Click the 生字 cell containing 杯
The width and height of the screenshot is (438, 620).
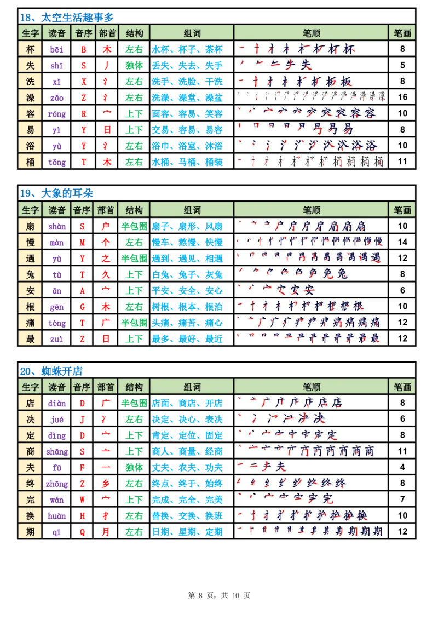point(30,49)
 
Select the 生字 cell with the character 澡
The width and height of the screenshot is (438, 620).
point(30,97)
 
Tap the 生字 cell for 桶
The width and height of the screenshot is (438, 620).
point(30,162)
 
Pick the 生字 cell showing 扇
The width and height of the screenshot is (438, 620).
point(30,226)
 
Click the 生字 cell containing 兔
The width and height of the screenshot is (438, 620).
point(30,274)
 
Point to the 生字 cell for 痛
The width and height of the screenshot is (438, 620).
point(30,322)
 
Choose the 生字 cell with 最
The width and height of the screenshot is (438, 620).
point(30,338)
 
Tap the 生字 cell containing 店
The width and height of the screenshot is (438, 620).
point(30,403)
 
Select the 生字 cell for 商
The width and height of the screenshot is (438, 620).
point(30,451)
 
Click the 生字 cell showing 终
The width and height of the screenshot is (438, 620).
point(30,483)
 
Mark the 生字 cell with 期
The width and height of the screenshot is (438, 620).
point(30,531)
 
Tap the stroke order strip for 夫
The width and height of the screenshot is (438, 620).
point(262,467)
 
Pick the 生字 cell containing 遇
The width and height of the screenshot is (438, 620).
point(30,258)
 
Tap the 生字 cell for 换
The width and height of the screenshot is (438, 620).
point(30,515)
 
